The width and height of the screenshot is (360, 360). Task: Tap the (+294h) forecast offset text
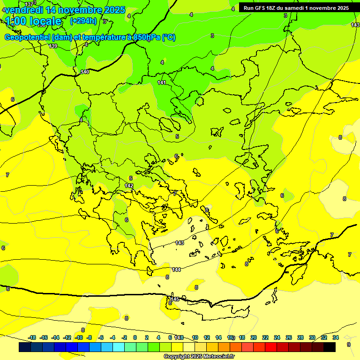[x=83, y=21]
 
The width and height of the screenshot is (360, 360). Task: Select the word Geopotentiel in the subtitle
[x=27, y=37]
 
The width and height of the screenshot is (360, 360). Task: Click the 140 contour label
[x=85, y=72]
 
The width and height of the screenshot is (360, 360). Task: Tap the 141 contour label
[x=162, y=82]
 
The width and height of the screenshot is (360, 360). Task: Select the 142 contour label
[x=129, y=186]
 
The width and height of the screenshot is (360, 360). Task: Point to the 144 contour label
[x=176, y=270]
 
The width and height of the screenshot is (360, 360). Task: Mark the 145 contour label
[x=174, y=299]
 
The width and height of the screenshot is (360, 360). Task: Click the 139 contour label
[x=53, y=46]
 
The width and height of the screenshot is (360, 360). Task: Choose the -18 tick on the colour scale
[x=32, y=337]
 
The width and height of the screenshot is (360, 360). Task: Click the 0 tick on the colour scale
[x=135, y=337]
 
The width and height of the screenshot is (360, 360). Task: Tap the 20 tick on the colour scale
[x=253, y=337]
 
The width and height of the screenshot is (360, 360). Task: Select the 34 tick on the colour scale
[x=336, y=337]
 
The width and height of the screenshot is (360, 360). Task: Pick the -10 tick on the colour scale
[x=79, y=337]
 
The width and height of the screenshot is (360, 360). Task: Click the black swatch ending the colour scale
[x=330, y=347]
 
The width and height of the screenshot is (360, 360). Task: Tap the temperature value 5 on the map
[x=177, y=136]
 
